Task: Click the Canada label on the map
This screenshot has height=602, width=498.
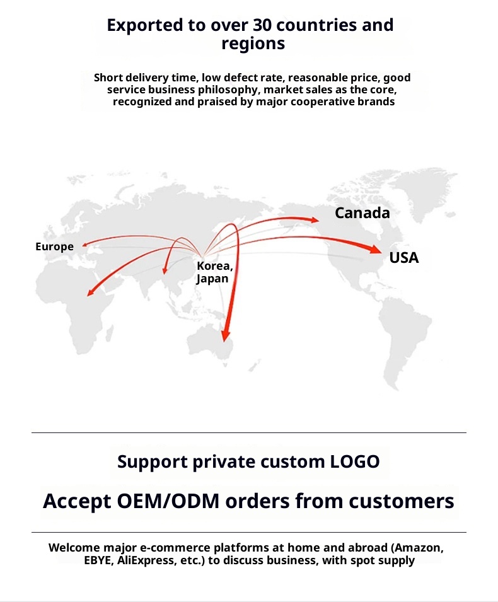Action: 362,213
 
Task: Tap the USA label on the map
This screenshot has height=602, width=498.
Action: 403,257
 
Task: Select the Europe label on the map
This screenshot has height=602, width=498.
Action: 54,246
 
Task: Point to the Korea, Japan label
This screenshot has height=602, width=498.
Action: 214,272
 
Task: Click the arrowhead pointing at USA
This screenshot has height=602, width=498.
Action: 376,250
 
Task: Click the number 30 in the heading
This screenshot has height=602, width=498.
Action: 258,25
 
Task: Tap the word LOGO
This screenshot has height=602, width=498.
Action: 355,461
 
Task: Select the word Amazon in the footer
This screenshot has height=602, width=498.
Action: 415,547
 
